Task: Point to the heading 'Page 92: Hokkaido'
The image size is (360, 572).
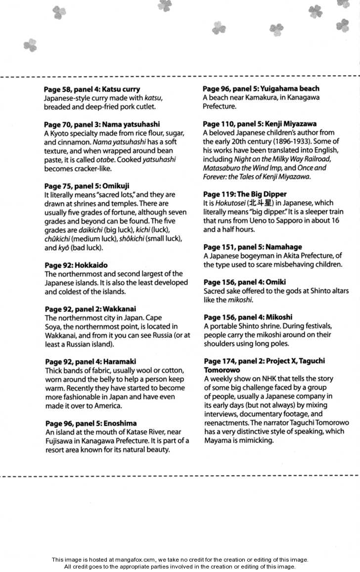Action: pos(76,265)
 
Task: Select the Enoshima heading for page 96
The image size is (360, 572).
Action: pos(90,423)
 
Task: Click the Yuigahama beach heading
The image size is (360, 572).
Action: pos(261,88)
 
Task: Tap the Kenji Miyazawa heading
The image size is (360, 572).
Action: pos(260,124)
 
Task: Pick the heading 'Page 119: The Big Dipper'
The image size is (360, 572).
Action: pos(245,194)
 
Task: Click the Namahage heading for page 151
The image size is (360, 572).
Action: pos(252,247)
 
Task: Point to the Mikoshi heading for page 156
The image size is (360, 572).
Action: pos(248,317)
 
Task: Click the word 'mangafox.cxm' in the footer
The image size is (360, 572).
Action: pos(137,560)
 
